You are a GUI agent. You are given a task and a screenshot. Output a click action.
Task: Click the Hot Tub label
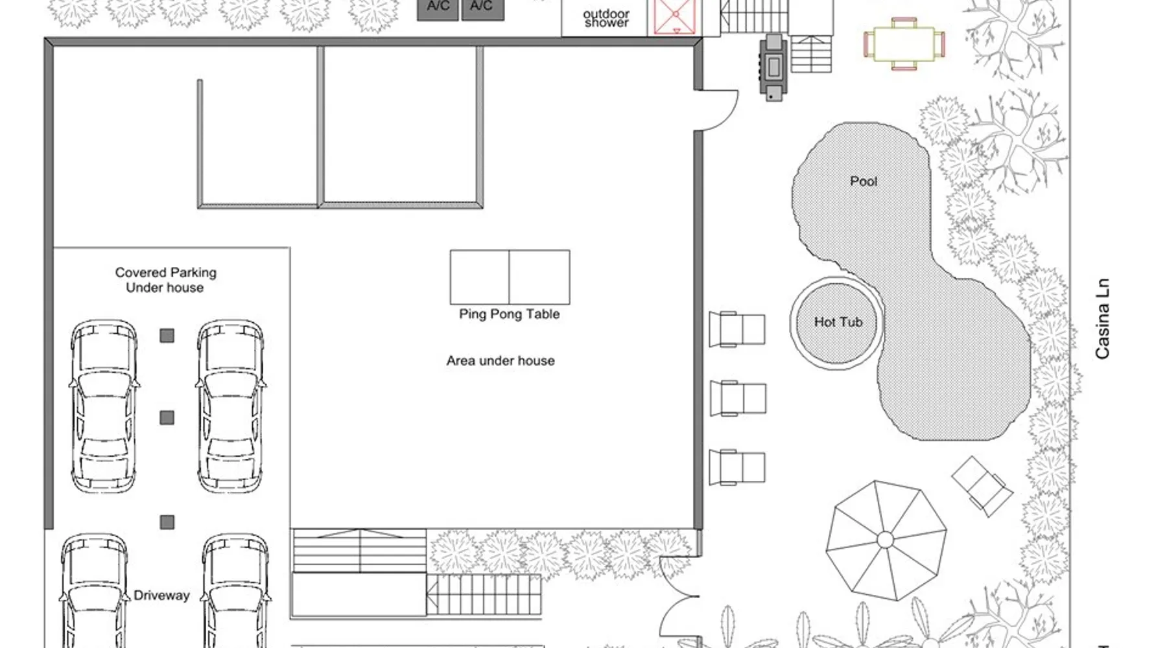[x=838, y=322]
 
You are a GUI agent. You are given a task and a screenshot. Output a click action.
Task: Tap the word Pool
[x=864, y=181]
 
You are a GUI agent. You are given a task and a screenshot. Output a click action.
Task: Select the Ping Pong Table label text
[x=510, y=314]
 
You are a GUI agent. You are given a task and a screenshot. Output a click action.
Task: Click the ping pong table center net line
[x=509, y=277]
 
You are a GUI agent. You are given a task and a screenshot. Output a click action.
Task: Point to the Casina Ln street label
[x=1102, y=319]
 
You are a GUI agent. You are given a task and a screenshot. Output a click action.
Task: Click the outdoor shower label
[x=606, y=18]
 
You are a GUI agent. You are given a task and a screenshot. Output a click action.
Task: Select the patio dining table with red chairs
[x=904, y=44]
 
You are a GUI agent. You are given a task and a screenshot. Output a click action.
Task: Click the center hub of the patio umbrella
[x=885, y=540]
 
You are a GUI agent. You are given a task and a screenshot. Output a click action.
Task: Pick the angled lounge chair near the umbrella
[x=982, y=486]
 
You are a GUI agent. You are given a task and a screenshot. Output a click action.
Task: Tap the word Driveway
[x=161, y=596]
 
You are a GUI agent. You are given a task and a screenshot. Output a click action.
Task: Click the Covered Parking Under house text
[x=165, y=280]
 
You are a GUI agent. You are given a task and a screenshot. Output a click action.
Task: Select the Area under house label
[x=501, y=361]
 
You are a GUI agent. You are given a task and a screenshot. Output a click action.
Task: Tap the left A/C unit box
[x=438, y=9]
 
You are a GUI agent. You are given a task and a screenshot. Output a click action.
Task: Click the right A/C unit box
[x=482, y=9]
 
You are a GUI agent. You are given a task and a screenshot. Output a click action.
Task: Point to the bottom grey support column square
[x=167, y=522]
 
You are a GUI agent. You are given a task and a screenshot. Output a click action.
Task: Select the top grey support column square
[x=167, y=335]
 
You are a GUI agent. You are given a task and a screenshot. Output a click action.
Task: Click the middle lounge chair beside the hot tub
[x=738, y=398]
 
